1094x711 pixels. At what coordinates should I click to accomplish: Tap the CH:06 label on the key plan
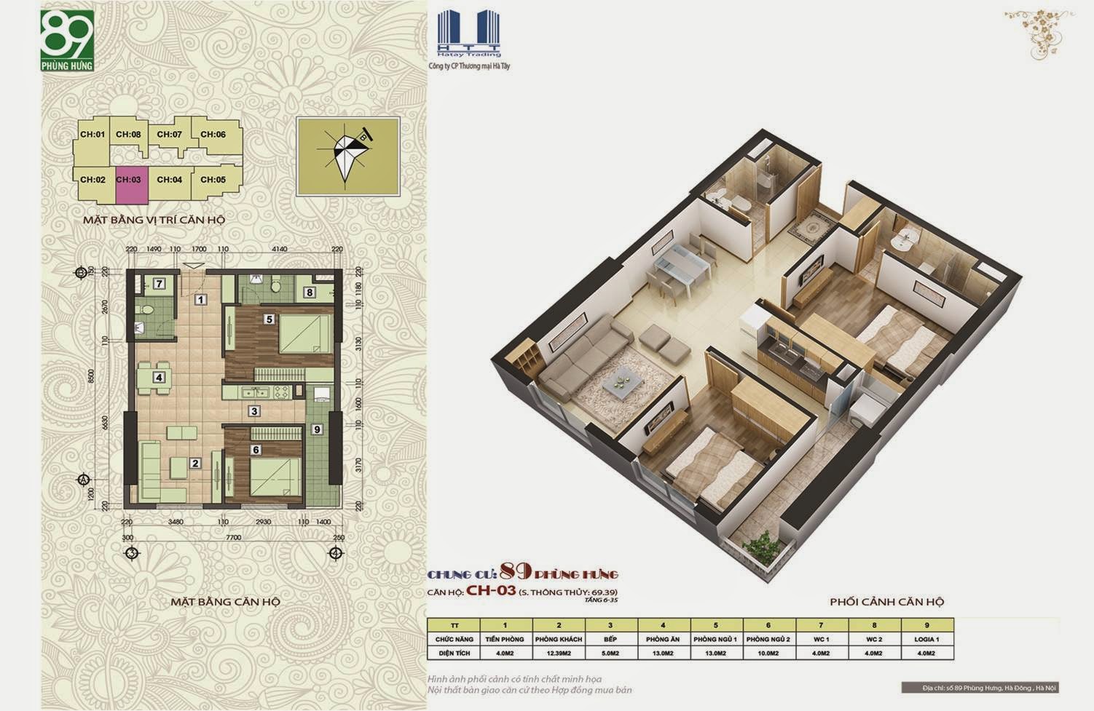click(213, 135)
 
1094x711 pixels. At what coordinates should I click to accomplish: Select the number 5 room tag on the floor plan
click(269, 319)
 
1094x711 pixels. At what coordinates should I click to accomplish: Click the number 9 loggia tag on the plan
click(317, 429)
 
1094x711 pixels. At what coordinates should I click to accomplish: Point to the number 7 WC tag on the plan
click(159, 284)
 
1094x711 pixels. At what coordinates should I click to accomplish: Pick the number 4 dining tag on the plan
click(158, 377)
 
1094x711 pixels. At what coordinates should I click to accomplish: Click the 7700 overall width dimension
click(232, 537)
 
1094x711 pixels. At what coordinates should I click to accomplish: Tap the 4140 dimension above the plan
click(280, 249)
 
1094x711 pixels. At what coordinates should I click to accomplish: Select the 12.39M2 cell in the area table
click(559, 653)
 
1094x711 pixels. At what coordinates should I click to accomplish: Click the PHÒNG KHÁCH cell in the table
click(559, 639)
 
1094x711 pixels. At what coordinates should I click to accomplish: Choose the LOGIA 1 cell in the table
click(926, 639)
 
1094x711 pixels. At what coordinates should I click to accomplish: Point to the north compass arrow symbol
click(347, 156)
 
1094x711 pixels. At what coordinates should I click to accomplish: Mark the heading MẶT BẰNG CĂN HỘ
click(225, 602)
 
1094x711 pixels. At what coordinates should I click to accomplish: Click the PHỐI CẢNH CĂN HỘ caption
click(886, 602)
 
